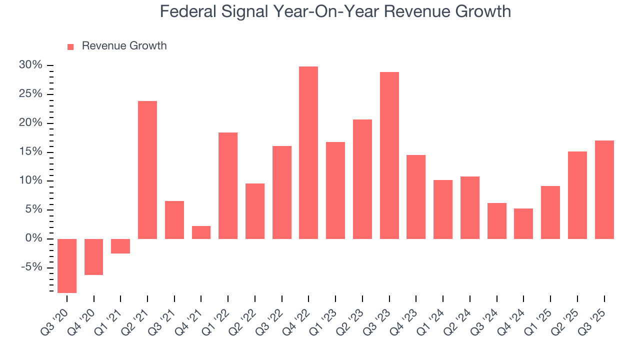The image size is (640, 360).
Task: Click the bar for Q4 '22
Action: tap(308, 152)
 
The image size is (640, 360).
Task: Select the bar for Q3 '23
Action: tap(389, 155)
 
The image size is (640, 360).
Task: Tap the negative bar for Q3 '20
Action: tap(67, 265)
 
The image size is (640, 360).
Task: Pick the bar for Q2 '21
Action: tap(147, 170)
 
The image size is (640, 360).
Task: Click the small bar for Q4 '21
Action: tap(201, 232)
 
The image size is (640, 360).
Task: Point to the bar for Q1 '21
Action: tap(120, 246)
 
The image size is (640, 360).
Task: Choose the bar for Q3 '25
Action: tap(604, 189)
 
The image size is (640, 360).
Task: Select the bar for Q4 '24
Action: tap(523, 223)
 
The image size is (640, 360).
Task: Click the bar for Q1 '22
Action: tap(228, 185)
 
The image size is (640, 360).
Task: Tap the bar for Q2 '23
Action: tap(362, 179)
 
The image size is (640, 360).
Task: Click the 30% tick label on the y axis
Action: tap(30, 65)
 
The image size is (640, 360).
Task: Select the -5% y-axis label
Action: tap(31, 267)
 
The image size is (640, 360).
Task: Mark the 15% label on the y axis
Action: tap(30, 152)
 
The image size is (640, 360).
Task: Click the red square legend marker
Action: tap(70, 46)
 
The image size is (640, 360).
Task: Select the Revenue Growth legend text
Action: tap(124, 46)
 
